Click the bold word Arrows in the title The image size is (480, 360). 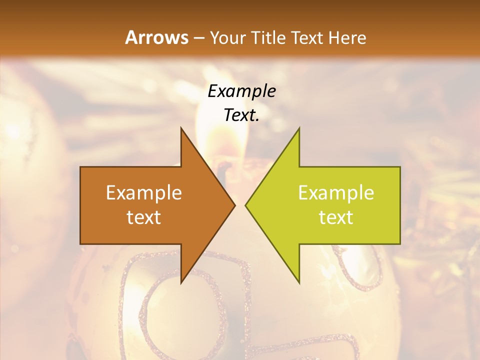click(157, 37)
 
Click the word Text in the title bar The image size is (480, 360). click(306, 37)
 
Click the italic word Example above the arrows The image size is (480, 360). click(241, 92)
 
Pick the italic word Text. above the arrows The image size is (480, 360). click(241, 116)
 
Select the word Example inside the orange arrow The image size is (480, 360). click(144, 193)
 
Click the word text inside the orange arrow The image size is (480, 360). click(144, 217)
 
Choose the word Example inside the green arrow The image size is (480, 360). click(336, 193)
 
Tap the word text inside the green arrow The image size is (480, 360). click(336, 217)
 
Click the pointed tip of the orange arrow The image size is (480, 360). click(234, 205)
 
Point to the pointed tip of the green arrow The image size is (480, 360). click(246, 205)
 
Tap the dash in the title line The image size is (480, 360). click(198, 38)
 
